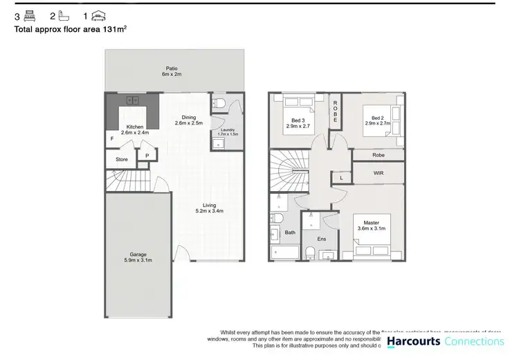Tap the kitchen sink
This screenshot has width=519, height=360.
point(130,101)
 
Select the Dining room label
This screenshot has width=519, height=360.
point(188,117)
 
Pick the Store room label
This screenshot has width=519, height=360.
point(122,159)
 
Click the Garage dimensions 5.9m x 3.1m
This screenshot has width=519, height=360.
point(137,260)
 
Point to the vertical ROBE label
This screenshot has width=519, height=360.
point(335,112)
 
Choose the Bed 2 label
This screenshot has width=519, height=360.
point(378,118)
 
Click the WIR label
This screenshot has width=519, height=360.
point(377,173)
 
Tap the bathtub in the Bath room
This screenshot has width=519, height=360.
point(282,253)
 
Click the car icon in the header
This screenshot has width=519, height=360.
point(100,15)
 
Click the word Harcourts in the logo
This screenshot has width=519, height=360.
point(413,341)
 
